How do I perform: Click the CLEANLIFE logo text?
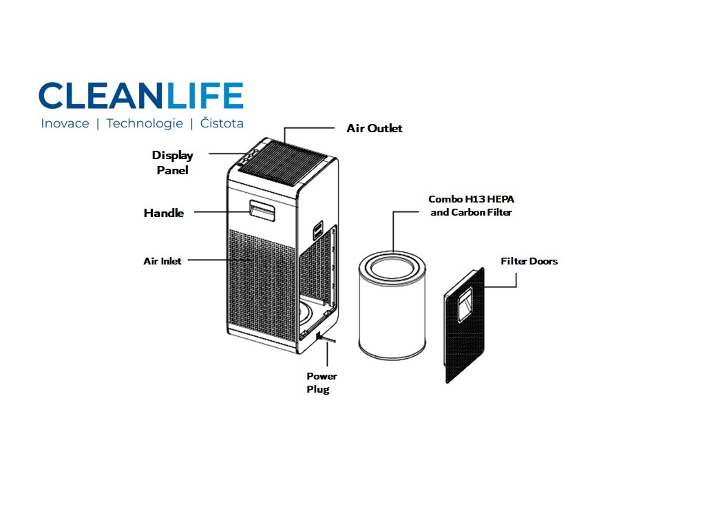141,96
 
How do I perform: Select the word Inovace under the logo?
65,124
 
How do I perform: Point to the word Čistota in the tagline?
222,124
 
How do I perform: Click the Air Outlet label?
374,129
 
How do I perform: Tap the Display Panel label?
172,163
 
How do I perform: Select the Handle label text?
164,213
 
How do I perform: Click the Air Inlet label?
162,261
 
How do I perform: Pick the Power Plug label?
322,383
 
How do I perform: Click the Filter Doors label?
529,261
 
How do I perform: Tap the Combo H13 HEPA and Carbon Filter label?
472,205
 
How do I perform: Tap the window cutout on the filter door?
465,304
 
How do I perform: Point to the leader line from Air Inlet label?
213,260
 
